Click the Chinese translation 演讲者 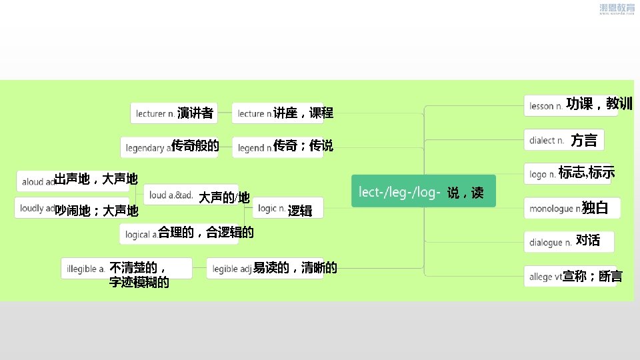[195, 113]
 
